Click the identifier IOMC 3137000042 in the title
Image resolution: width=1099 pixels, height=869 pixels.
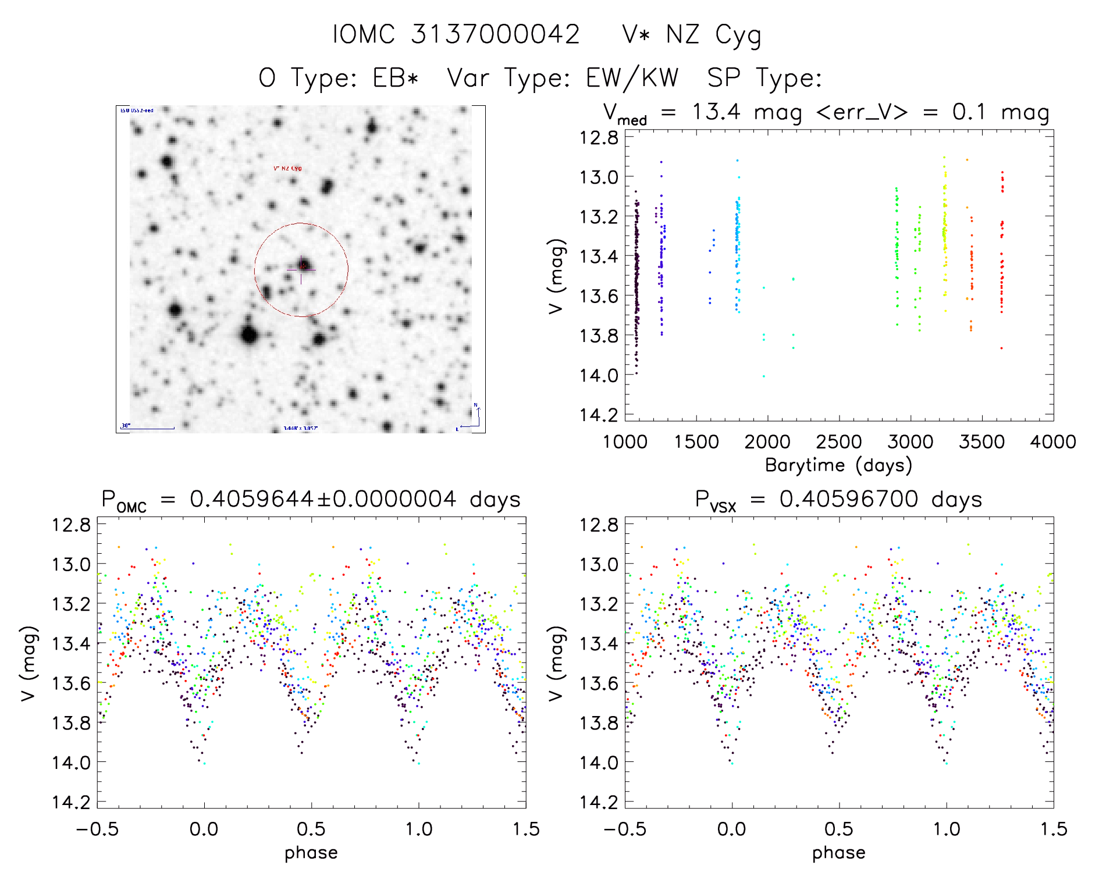click(x=456, y=34)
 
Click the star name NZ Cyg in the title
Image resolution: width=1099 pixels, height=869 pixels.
click(x=713, y=35)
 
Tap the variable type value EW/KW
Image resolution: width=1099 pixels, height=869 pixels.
click(x=632, y=78)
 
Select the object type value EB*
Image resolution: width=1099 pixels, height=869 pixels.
click(x=395, y=78)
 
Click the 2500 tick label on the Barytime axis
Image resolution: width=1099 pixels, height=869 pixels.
click(x=839, y=442)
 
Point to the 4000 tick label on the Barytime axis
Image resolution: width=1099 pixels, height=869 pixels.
click(x=1052, y=442)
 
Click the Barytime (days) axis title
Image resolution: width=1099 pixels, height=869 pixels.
click(x=838, y=465)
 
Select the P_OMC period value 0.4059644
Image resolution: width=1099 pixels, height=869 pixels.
click(x=252, y=499)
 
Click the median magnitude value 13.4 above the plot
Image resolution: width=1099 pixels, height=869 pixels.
click(x=716, y=112)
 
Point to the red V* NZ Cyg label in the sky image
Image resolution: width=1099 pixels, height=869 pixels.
click(x=287, y=169)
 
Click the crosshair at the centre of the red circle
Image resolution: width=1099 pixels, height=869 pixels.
click(x=301, y=269)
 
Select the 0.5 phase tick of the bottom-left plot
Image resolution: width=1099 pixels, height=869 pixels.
click(x=311, y=829)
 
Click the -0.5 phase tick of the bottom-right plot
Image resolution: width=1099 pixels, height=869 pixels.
click(x=625, y=829)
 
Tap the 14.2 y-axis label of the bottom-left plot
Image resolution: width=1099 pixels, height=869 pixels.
click(x=71, y=802)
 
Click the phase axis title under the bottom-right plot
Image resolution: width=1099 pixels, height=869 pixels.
click(x=838, y=853)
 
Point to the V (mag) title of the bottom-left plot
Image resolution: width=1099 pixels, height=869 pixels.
click(x=29, y=664)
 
